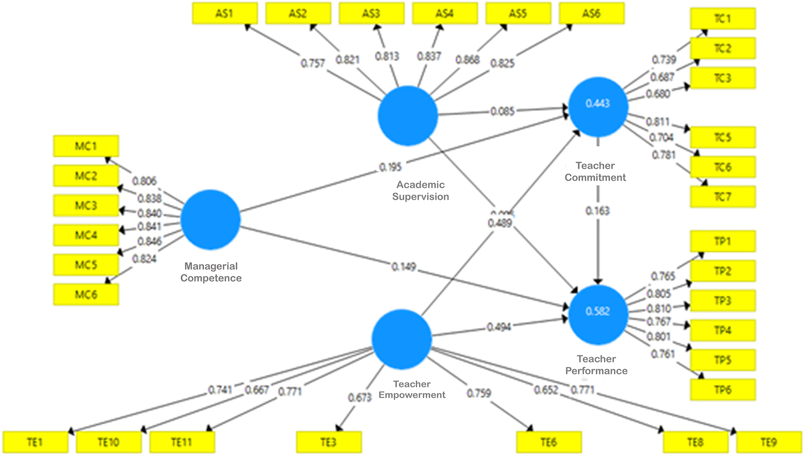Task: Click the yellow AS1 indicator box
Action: pyautogui.click(x=225, y=13)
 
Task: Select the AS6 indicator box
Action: pyautogui.click(x=591, y=13)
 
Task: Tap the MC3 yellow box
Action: pyautogui.click(x=86, y=205)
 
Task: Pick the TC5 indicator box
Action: pyautogui.click(x=722, y=137)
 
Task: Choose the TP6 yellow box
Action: pyautogui.click(x=722, y=390)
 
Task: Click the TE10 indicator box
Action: pyautogui.click(x=108, y=442)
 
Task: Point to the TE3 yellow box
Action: pyautogui.click(x=329, y=442)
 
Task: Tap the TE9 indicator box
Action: pyautogui.click(x=769, y=442)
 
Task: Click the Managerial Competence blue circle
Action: pyautogui.click(x=210, y=220)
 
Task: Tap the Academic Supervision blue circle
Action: pyautogui.click(x=407, y=116)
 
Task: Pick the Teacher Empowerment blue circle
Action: pyautogui.click(x=401, y=339)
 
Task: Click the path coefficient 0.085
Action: pyautogui.click(x=502, y=111)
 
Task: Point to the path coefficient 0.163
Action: pyautogui.click(x=597, y=211)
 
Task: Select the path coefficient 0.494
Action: pyautogui.click(x=498, y=326)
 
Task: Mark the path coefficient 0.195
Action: pyautogui.click(x=391, y=167)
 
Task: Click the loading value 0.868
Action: pyautogui.click(x=467, y=60)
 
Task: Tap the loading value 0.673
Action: pyautogui.click(x=360, y=398)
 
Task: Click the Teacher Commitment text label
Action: pyautogui.click(x=595, y=172)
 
